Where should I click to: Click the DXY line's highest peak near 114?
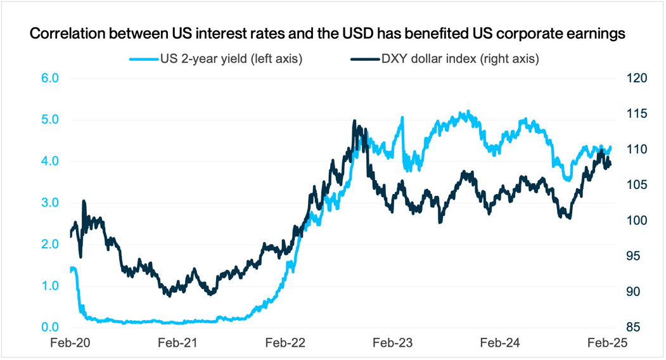tap(354, 121)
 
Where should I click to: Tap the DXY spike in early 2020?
tap(84, 202)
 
